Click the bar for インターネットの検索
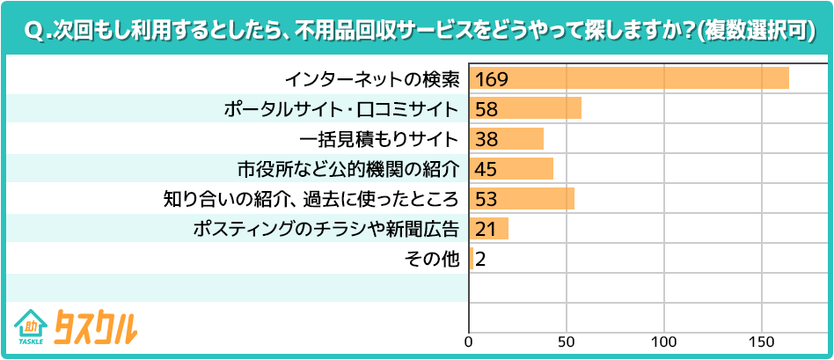pos(629,78)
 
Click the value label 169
pos(491,79)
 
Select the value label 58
pos(486,109)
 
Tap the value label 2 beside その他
pos(481,259)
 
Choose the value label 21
pos(486,229)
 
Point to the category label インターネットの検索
pos(371,79)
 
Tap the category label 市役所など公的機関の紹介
pos(349,169)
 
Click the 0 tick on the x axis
pos(470,341)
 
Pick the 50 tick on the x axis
pos(567,341)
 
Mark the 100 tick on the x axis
pos(664,341)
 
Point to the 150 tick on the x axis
pos(762,341)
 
